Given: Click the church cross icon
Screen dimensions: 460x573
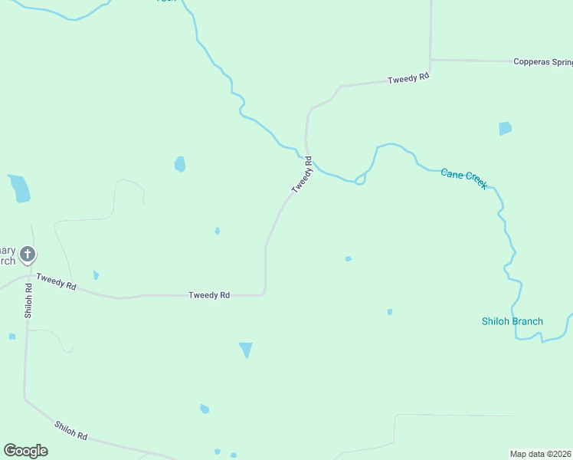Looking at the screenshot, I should point(28,253).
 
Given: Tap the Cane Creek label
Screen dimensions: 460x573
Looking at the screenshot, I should point(464,179).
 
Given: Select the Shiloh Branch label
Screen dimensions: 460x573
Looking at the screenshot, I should point(512,321).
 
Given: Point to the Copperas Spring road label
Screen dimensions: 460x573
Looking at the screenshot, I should point(542,61).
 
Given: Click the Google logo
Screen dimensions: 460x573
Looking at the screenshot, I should point(25,451).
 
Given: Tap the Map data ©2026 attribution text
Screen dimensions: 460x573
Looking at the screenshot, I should point(541,453).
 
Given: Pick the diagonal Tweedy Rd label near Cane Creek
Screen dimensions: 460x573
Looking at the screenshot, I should point(303,175).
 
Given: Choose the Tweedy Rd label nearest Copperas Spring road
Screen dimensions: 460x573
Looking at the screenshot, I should point(408,79).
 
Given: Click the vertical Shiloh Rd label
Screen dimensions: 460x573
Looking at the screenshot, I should point(28,301).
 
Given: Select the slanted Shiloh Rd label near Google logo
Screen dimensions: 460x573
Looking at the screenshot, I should point(70,430).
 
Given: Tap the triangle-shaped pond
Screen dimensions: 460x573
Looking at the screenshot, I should point(246,350).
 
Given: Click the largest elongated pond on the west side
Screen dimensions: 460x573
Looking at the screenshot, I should point(19,188).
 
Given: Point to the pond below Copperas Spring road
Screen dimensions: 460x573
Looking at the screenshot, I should point(505,128).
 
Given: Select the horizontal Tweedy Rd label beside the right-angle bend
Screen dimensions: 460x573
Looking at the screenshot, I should point(209,294).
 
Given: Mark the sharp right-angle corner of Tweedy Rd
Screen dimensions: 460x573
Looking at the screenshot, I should point(264,293).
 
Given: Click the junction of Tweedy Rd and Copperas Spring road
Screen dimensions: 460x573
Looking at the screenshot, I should point(431,60).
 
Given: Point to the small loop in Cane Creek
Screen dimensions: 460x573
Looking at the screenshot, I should point(359,181).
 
